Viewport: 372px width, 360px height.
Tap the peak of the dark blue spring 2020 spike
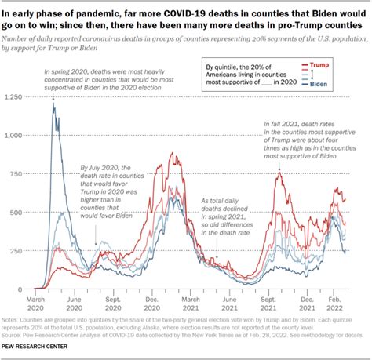[x=53, y=103]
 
